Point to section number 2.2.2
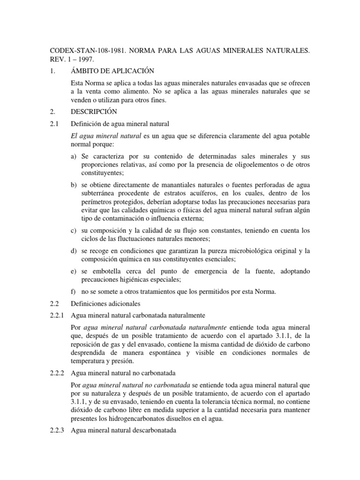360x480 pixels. click(59, 374)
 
